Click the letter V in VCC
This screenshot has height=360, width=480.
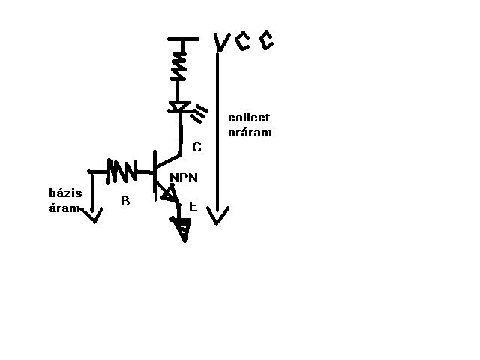click(220, 43)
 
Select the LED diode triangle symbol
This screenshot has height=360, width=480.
click(178, 107)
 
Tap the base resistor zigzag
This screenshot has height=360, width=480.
click(121, 172)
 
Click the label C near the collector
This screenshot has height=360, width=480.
click(196, 148)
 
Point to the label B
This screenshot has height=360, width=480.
click(125, 201)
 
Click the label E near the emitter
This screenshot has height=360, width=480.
click(193, 205)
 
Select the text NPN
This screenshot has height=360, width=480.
click(183, 178)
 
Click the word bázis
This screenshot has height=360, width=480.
click(64, 193)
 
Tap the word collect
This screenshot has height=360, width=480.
click(249, 118)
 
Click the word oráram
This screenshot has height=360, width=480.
click(250, 132)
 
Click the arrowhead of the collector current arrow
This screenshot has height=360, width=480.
click(217, 217)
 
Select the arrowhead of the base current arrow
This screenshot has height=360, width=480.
click(93, 216)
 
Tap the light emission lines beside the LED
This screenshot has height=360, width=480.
click(200, 114)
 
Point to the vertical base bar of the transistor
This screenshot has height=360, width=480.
click(154, 174)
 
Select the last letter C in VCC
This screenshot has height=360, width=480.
click(265, 41)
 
